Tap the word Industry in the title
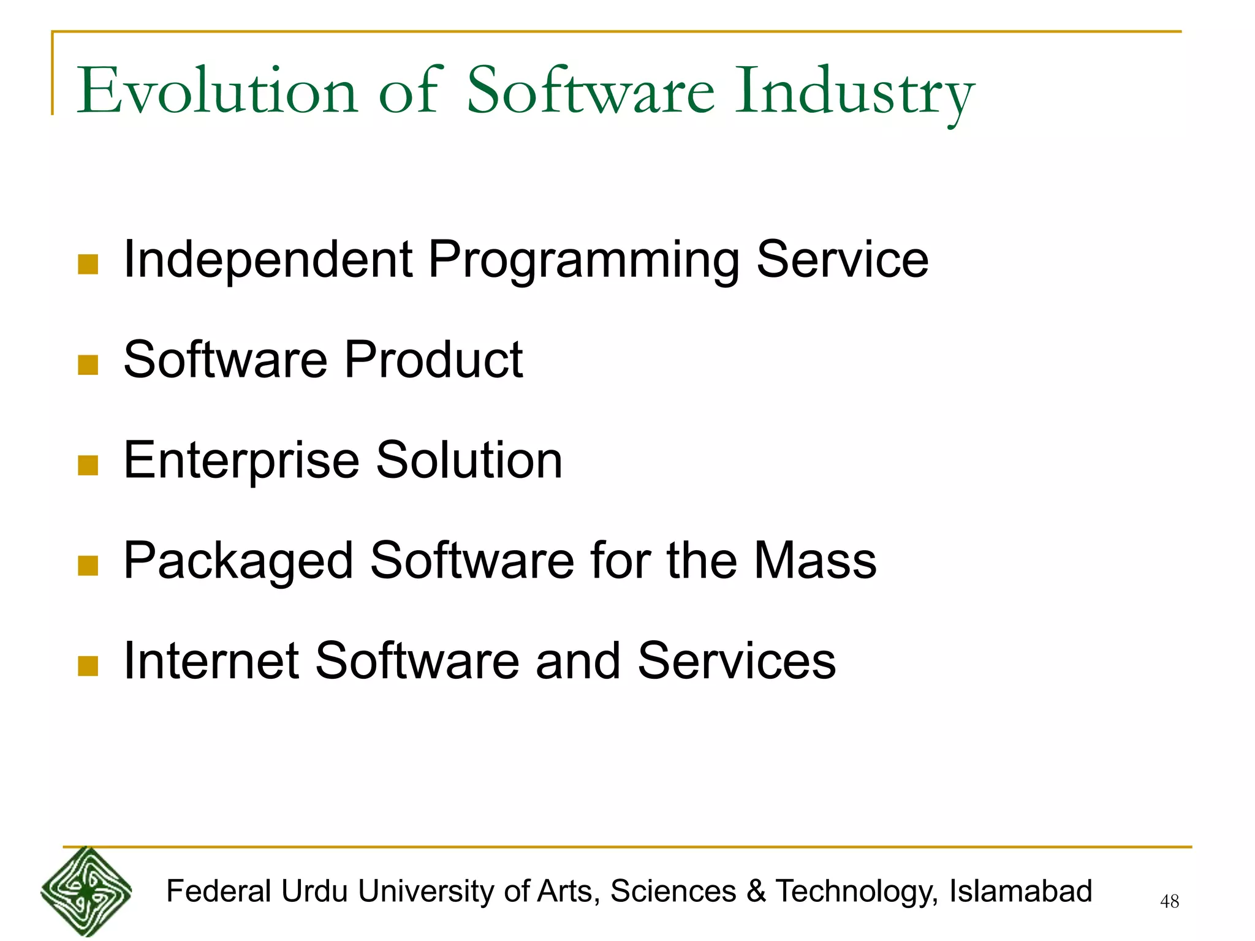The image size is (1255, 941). (854, 92)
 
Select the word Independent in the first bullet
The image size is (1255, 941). (268, 259)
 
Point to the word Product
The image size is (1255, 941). (433, 360)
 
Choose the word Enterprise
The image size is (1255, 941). (241, 461)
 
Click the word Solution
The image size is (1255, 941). (469, 460)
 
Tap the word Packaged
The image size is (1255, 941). (238, 562)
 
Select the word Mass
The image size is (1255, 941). (815, 561)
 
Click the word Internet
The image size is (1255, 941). (211, 661)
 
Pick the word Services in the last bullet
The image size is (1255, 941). (737, 661)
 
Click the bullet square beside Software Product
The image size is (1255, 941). (88, 365)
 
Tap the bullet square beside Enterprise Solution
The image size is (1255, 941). (88, 466)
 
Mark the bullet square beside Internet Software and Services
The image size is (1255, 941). (88, 667)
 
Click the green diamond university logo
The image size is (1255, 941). (86, 891)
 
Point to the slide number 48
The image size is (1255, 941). (1169, 901)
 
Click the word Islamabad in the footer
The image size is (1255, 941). (1020, 891)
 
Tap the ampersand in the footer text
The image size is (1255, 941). (756, 891)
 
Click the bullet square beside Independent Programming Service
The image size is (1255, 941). (88, 265)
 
